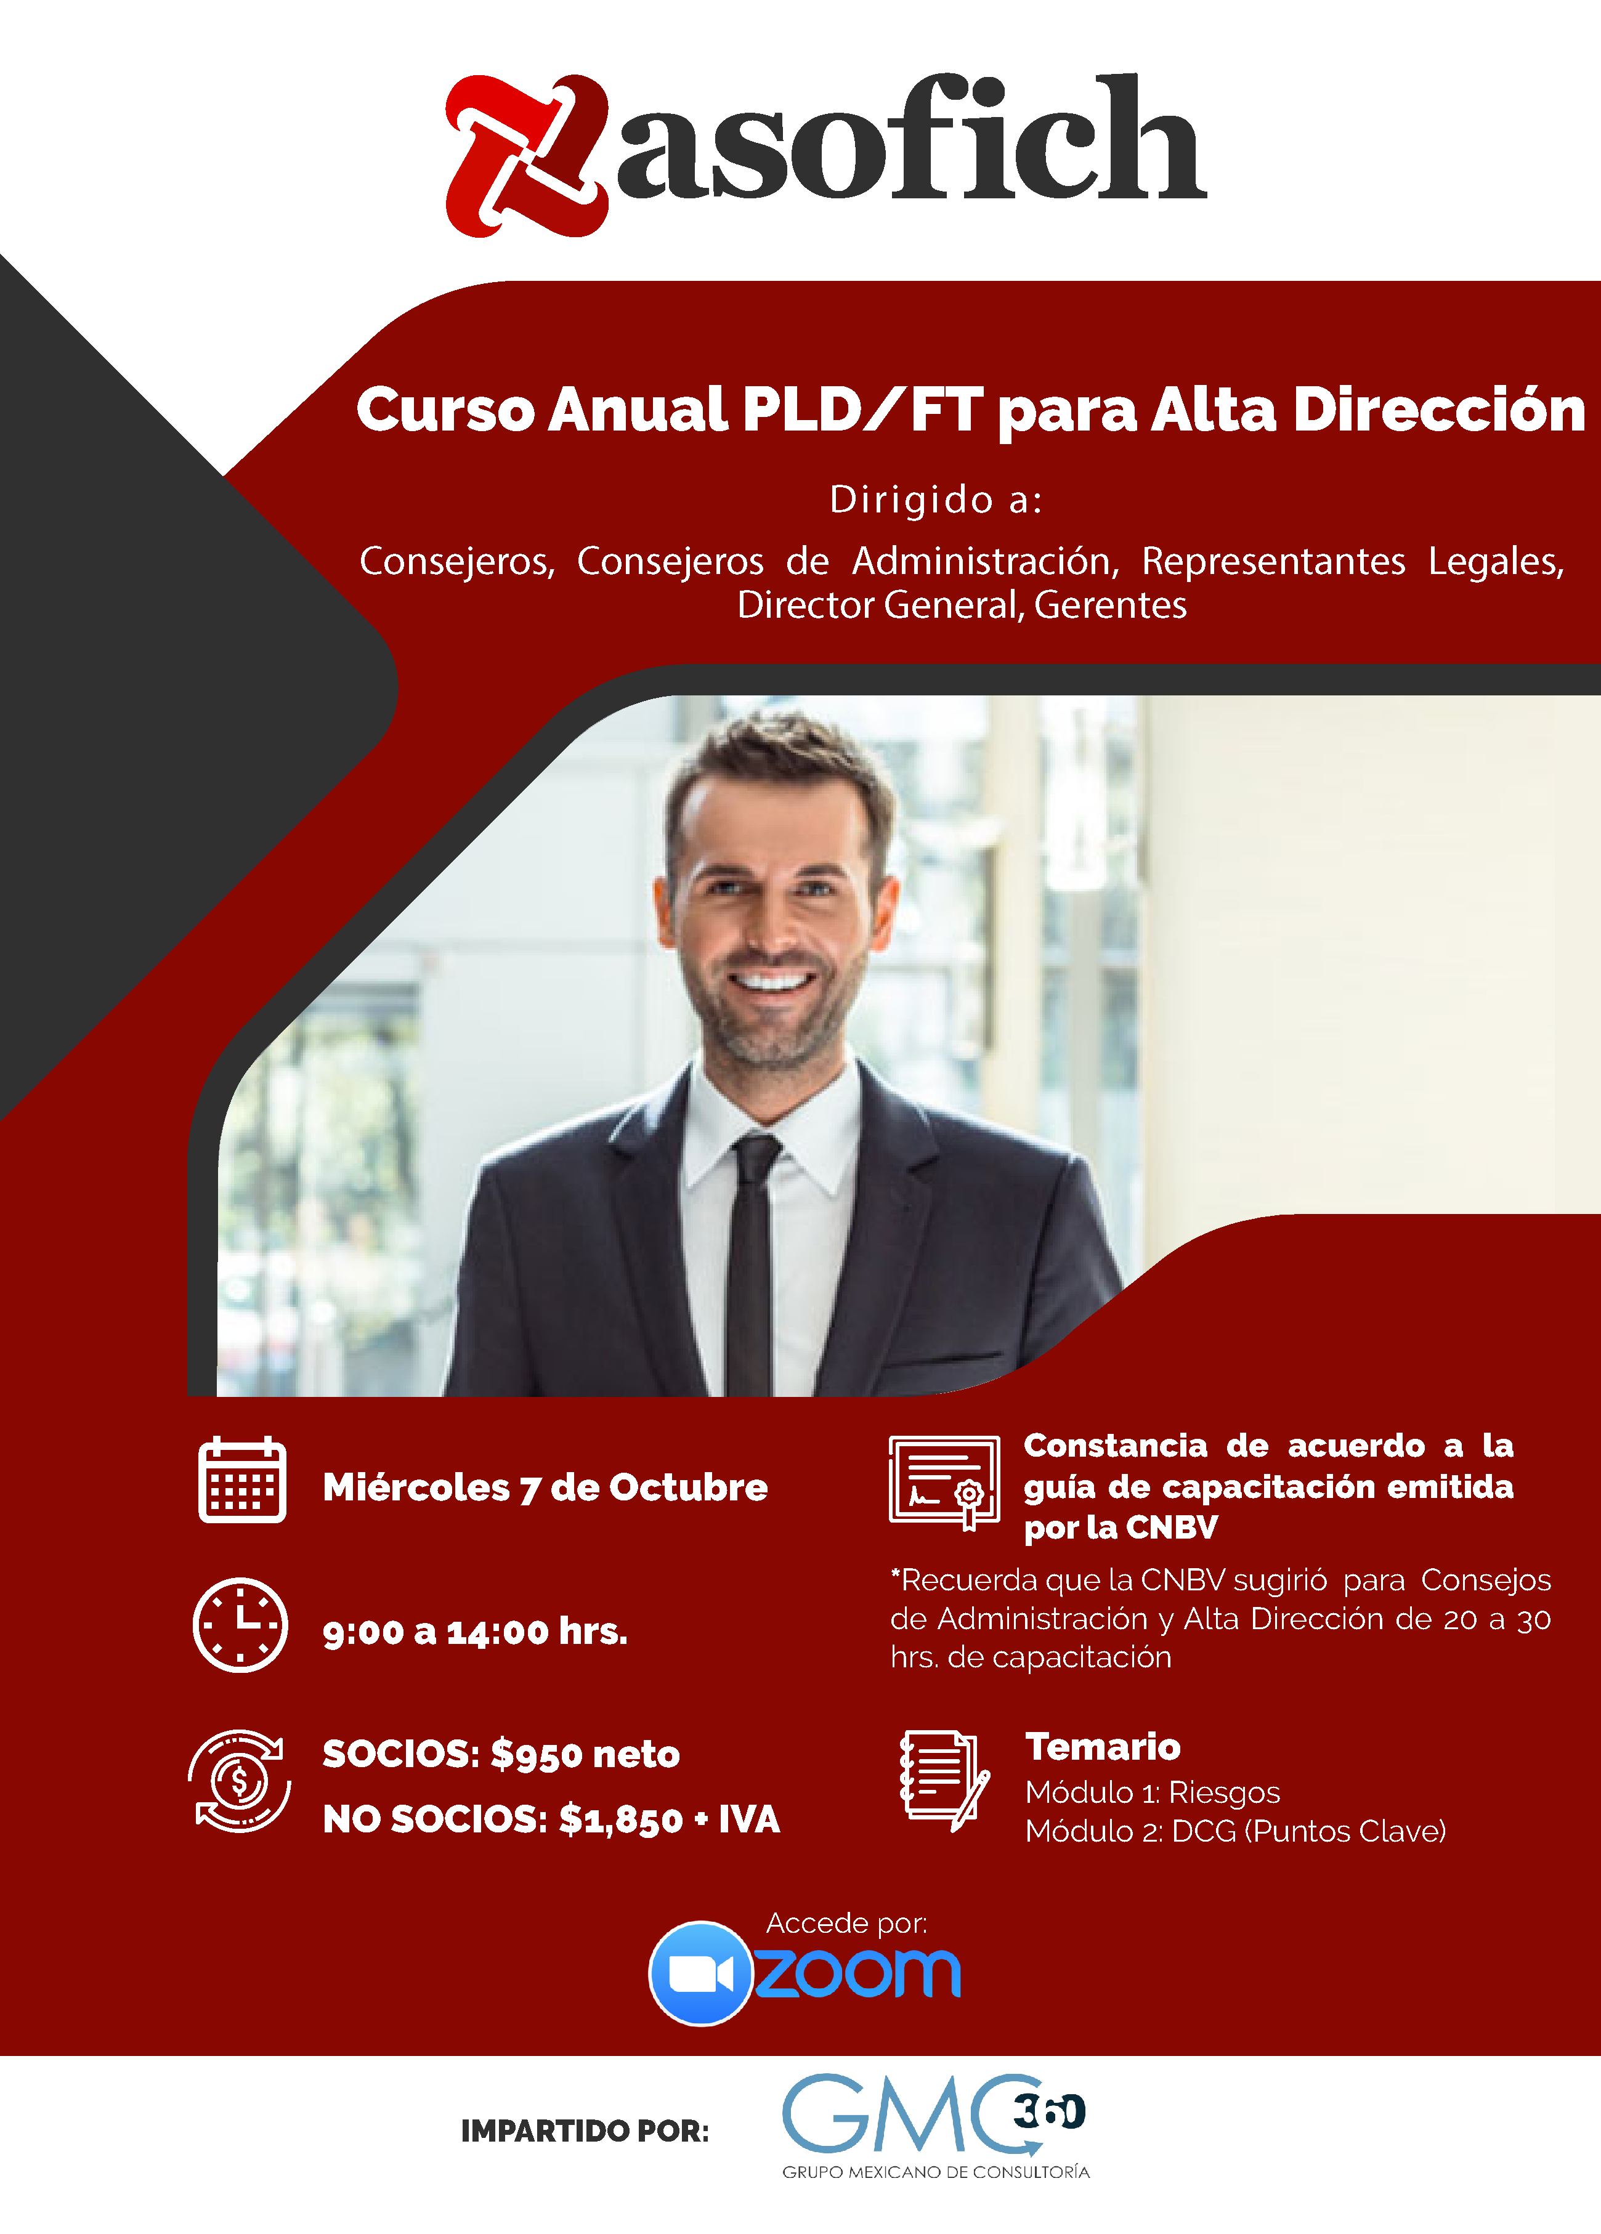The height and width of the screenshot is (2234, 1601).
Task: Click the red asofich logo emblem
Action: point(527,156)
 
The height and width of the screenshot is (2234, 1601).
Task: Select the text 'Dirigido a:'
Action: point(936,500)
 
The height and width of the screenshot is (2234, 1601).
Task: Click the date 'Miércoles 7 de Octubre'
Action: point(545,1487)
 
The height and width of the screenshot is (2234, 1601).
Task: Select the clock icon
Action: point(240,1624)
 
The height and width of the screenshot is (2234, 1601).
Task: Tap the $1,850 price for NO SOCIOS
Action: point(621,1819)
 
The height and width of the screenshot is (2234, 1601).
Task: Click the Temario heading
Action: point(1103,1746)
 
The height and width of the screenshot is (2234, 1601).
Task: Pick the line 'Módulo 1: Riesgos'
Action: point(1153,1792)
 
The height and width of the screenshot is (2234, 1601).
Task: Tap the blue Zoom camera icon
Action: point(700,1973)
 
